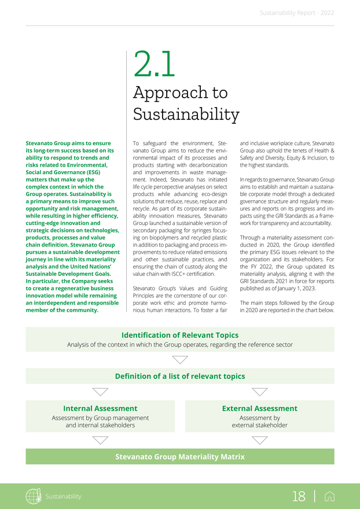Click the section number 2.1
(154, 65)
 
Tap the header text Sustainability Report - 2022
(296, 12)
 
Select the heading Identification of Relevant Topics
(179, 335)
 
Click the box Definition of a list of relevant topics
(179, 377)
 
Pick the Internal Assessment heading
(100, 408)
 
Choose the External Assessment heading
(260, 408)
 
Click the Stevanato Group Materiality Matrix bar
(179, 457)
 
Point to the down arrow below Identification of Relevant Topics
(180, 360)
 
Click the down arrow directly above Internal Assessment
(100, 392)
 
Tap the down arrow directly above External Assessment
(260, 392)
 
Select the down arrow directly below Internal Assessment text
(100, 440)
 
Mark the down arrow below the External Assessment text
(260, 440)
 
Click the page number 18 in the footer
(299, 496)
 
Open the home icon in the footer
(330, 496)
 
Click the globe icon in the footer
(34, 496)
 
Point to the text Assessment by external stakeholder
(260, 421)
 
